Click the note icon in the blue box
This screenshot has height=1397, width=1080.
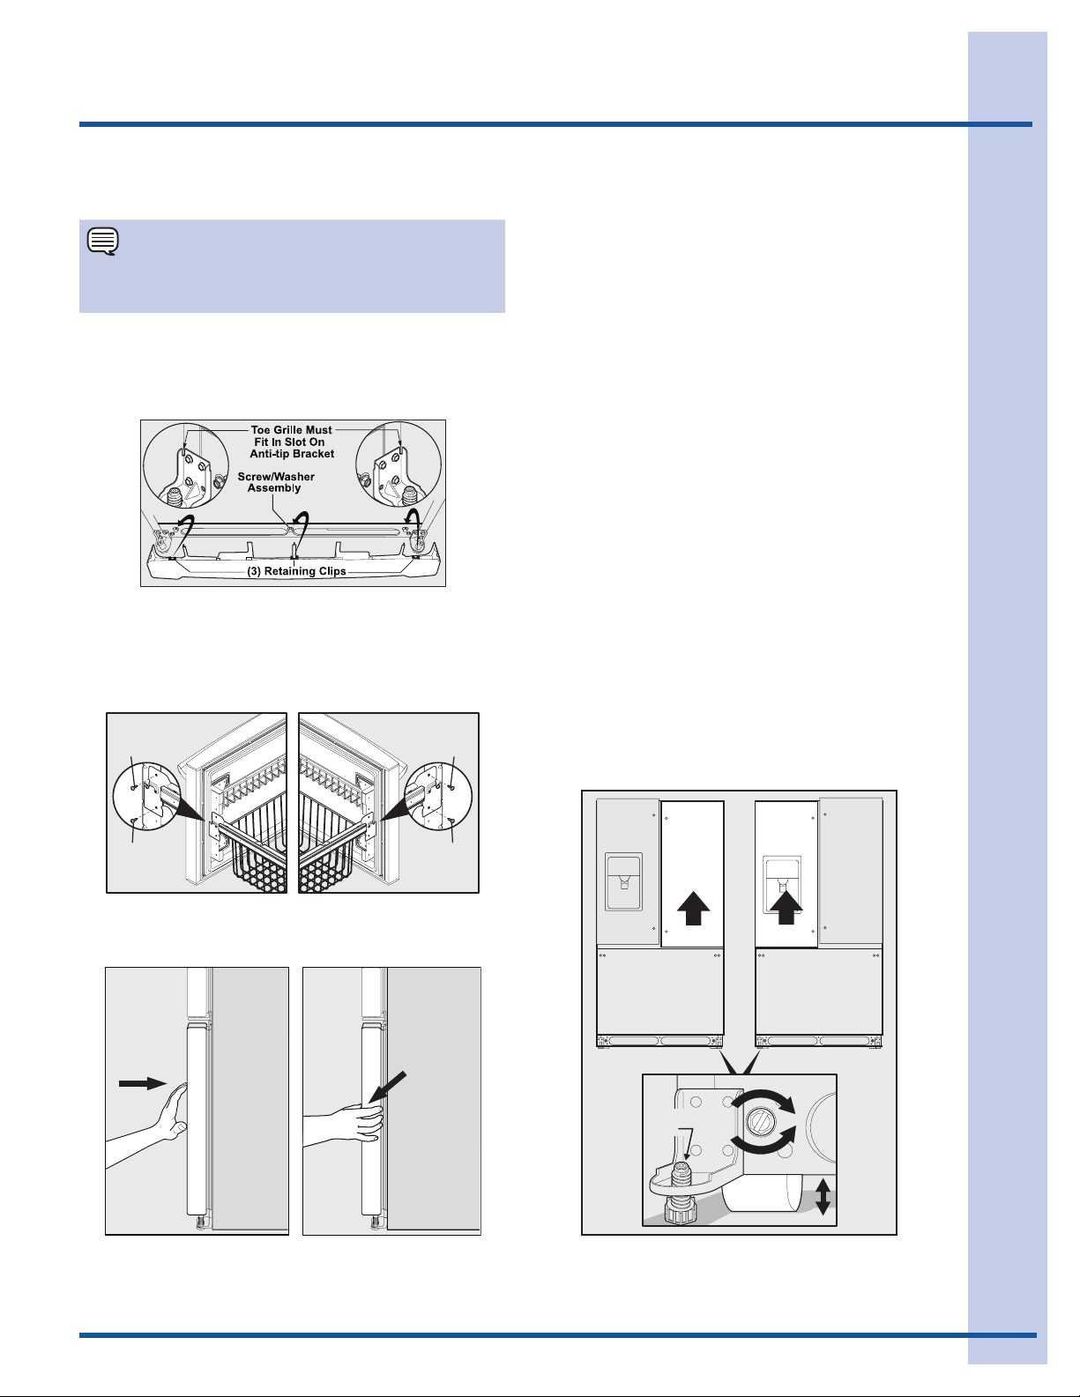click(103, 242)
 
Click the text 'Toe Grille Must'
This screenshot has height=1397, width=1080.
click(291, 430)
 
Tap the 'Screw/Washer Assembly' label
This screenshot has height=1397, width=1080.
click(276, 482)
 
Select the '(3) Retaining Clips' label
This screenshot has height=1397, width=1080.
click(296, 571)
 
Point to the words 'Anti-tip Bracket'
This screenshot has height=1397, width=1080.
click(292, 454)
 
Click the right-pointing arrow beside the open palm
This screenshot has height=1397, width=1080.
click(143, 1083)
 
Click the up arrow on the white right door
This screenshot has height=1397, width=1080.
click(693, 908)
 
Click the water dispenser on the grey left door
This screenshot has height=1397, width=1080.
click(623, 881)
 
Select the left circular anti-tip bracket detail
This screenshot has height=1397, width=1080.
click(186, 464)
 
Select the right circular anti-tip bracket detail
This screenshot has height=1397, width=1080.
click(398, 464)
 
